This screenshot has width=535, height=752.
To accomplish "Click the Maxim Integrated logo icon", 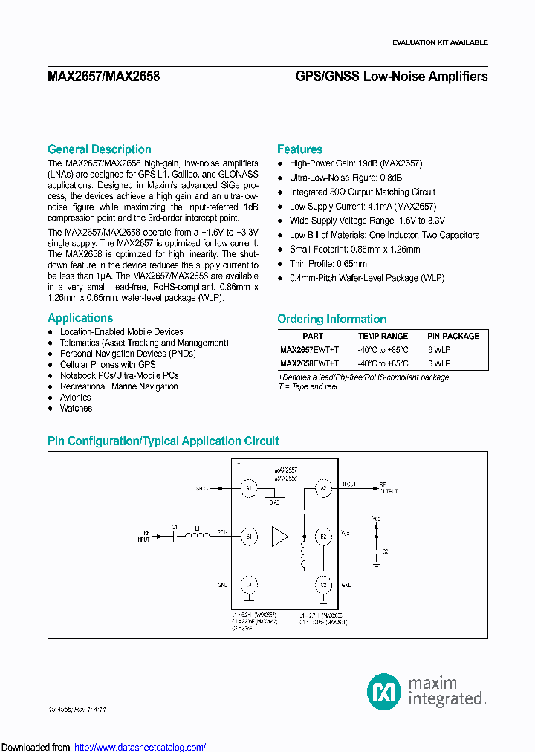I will pos(383,691).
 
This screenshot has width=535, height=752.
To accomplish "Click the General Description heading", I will pos(100,149).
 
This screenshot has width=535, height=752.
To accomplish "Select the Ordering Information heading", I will pos(332,320).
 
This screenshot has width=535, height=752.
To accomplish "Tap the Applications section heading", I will pos(80,318).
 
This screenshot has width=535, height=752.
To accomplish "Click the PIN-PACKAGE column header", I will pos(453,336).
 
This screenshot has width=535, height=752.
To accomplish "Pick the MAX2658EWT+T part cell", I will pos(309,363).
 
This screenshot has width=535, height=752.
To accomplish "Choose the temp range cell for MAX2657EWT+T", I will pos(383,349).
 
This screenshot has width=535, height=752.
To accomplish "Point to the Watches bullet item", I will pos(76,408).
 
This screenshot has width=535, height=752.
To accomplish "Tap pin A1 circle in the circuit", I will pos(249,488).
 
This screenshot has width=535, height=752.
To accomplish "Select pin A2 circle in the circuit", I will pos(323,488).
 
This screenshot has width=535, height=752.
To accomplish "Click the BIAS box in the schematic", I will pos(273,502).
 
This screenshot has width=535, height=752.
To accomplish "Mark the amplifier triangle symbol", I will pos(280,536).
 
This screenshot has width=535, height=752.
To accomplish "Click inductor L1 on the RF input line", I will pos(198,537).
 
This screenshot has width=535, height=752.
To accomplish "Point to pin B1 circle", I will pos(249,536).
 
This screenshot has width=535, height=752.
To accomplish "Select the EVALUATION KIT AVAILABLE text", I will pos(440,43).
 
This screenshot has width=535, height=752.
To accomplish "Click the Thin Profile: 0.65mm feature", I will pos(328,264).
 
